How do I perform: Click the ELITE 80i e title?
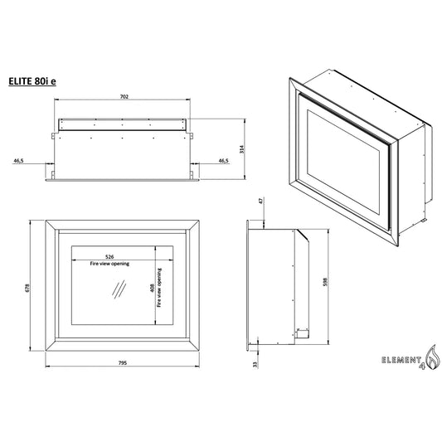tap(32, 81)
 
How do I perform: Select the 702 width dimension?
tap(124, 97)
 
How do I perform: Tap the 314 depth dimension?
tap(241, 149)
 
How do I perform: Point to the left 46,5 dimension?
tap(18, 161)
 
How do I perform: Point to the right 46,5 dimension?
tap(224, 161)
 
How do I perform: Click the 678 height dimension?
tap(27, 288)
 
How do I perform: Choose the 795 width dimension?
tap(123, 363)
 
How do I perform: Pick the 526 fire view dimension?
tap(109, 257)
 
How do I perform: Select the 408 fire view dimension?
tap(153, 288)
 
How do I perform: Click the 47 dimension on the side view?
tap(261, 201)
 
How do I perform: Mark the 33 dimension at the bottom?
tap(255, 365)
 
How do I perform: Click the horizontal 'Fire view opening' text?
tap(109, 264)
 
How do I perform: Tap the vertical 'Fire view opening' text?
tap(159, 288)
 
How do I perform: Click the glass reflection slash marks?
tap(119, 289)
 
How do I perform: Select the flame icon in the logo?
tap(433, 357)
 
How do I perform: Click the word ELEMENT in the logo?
tap(401, 360)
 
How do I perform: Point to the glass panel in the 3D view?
tap(343, 163)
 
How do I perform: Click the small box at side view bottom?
tap(302, 333)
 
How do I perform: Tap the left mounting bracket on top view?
tap(53, 136)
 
